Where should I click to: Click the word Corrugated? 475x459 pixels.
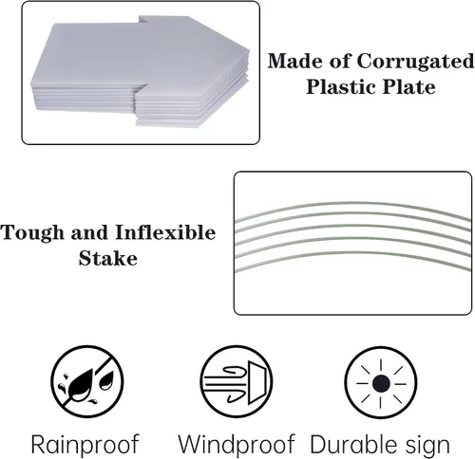point(415,62)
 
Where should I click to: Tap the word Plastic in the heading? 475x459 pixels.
point(341,87)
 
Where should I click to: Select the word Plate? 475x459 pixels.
point(408,87)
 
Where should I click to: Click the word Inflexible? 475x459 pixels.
point(165,232)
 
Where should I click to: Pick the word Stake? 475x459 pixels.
point(108,258)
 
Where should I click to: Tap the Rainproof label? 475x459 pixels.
point(85,445)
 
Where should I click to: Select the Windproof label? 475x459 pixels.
point(237,444)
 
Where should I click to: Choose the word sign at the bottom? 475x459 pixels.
point(427,446)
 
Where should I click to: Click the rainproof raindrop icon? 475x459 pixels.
point(87,381)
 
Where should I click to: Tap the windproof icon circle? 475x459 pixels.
point(237,381)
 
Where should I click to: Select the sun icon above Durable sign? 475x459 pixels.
point(381,383)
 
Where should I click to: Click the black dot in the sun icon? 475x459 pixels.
point(381,383)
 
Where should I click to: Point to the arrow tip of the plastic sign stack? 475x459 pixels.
point(249,50)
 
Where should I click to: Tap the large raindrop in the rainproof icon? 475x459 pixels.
point(81,382)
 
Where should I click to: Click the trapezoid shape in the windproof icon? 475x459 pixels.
point(256,382)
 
